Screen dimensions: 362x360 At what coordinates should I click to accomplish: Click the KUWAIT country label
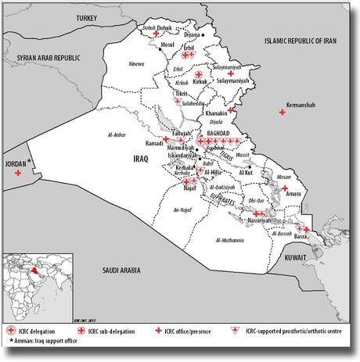315,256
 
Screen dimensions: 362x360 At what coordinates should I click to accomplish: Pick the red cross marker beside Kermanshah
283,114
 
